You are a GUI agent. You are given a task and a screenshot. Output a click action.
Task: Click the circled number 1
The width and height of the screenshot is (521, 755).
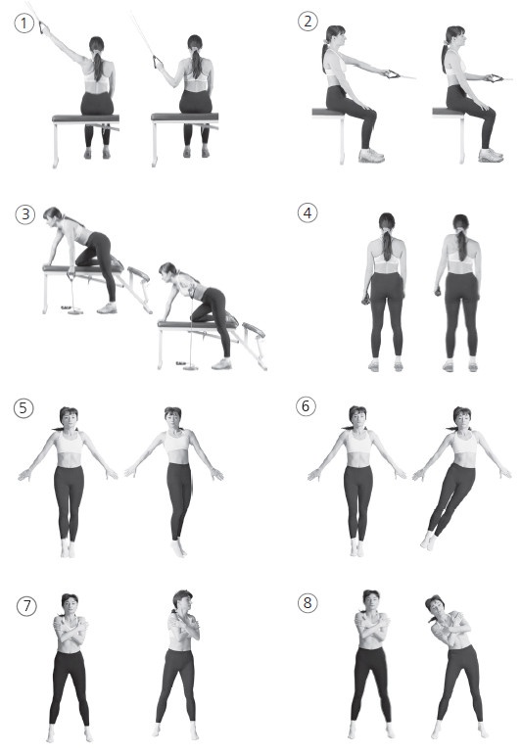tap(24, 24)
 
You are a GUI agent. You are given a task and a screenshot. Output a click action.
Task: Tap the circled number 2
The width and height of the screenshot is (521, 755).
tap(308, 22)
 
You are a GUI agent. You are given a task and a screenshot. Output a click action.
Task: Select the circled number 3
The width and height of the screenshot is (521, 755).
tap(25, 213)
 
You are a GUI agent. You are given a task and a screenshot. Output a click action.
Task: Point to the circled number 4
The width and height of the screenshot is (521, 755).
tap(308, 212)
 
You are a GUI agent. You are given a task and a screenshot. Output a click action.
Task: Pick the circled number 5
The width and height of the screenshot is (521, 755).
tap(24, 408)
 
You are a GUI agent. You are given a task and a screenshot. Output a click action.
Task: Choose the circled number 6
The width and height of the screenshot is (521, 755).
tap(306, 406)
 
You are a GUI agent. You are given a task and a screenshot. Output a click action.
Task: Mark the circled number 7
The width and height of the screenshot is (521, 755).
tap(26, 606)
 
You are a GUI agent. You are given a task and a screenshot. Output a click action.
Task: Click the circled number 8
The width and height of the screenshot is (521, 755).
tap(308, 602)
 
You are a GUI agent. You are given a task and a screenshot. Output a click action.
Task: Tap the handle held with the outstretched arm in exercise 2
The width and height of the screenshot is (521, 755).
tap(392, 73)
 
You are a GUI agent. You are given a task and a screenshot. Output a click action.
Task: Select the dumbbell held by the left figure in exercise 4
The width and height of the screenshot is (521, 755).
tap(366, 300)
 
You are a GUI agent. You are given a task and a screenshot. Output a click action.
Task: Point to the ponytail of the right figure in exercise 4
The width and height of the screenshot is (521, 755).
tap(462, 244)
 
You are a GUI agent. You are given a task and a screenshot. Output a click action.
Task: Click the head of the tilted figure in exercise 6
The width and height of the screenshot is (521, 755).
tap(462, 417)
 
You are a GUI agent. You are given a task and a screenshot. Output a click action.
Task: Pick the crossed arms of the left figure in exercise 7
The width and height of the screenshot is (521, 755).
tap(71, 625)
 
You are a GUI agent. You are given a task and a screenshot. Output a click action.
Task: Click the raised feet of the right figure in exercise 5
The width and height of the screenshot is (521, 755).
tap(177, 548)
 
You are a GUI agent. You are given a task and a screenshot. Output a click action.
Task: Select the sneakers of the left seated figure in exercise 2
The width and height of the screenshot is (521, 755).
tap(371, 156)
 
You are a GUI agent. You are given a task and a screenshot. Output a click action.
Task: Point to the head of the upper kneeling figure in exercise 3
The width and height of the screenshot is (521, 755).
tap(53, 214)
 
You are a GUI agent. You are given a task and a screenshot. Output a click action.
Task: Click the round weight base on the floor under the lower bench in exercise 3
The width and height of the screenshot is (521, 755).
tap(190, 368)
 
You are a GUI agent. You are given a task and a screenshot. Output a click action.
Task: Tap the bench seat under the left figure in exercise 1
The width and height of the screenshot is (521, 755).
tap(86, 118)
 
